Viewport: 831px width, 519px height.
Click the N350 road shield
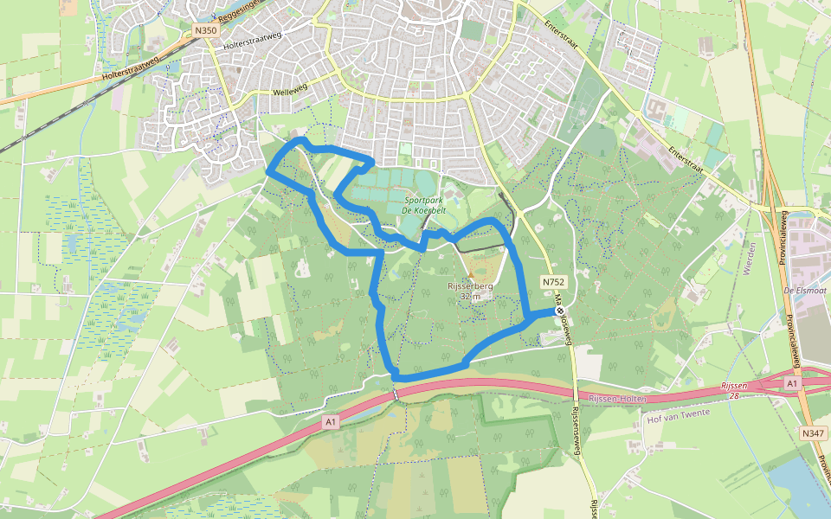(205, 31)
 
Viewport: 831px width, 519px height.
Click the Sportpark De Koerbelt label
(422, 204)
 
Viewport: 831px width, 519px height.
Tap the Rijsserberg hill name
(470, 286)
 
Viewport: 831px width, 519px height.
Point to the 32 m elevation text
(470, 297)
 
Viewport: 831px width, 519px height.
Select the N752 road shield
(553, 282)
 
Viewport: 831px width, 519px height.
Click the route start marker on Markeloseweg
(560, 310)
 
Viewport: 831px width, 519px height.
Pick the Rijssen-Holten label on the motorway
(617, 397)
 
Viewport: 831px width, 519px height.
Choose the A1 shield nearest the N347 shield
(792, 381)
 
